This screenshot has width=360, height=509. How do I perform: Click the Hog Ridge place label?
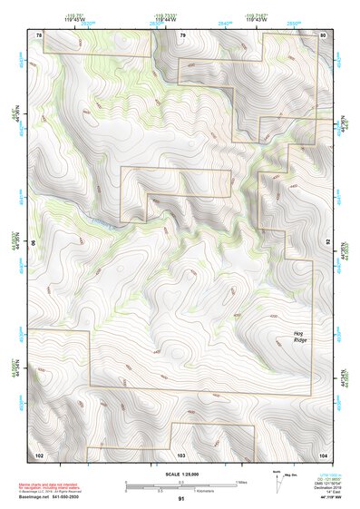click(300, 335)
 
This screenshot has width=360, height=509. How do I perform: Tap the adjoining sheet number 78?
click(39, 34)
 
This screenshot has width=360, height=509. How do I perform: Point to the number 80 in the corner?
click(323, 34)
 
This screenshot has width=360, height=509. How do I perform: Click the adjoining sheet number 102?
click(39, 454)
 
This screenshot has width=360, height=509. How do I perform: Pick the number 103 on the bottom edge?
click(181, 454)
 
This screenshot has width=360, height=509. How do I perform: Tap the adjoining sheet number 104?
click(323, 454)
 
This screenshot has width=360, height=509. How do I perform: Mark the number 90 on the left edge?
click(34, 243)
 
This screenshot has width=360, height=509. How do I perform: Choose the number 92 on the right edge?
click(328, 243)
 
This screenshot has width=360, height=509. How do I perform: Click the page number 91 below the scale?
click(181, 499)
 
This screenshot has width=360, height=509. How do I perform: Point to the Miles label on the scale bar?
click(241, 481)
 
